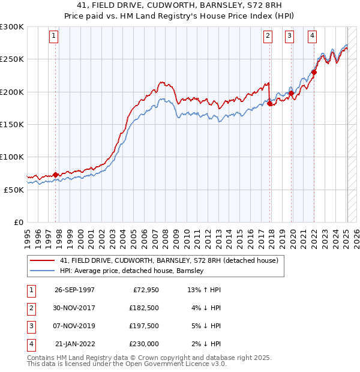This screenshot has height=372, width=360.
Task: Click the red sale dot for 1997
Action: [56, 175]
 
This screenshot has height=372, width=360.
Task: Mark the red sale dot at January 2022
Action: [314, 72]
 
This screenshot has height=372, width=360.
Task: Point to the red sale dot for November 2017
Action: [270, 103]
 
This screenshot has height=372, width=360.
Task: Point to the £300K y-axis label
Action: [12, 27]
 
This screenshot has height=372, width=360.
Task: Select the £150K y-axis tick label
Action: [12, 124]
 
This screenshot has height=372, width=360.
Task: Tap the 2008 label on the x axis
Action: [166, 238]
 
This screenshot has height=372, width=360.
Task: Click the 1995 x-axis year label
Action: [27, 238]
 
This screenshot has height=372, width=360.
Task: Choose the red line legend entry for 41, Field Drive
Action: [169, 261]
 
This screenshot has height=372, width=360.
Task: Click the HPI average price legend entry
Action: [131, 271]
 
